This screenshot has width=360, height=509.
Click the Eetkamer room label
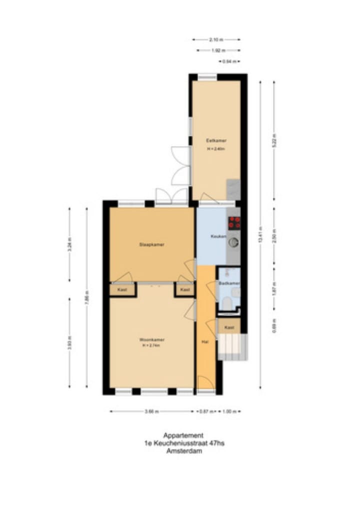(x=215, y=140)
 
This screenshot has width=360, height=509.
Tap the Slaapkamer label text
(x=152, y=244)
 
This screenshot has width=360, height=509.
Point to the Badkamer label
(x=229, y=283)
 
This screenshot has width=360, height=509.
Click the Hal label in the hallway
(x=205, y=342)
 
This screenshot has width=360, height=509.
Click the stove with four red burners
(x=234, y=222)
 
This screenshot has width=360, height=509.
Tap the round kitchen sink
(x=233, y=242)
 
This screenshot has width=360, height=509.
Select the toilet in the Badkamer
(x=227, y=302)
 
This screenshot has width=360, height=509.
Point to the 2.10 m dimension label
(x=216, y=39)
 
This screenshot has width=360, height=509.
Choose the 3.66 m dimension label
(x=152, y=411)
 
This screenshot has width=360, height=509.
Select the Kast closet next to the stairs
(x=229, y=327)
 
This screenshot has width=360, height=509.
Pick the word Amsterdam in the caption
(x=183, y=450)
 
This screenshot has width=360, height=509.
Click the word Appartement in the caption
(x=183, y=435)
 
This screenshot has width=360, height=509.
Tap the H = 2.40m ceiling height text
(x=215, y=149)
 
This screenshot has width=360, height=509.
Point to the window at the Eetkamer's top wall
(x=207, y=77)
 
